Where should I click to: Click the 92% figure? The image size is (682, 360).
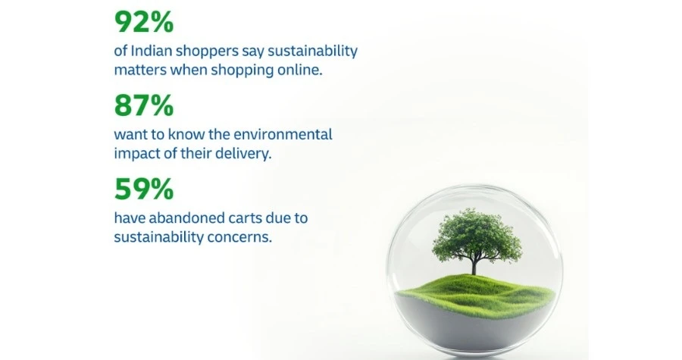tap(144, 22)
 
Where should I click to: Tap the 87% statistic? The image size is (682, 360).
tap(144, 105)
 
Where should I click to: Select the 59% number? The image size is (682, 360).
tap(144, 189)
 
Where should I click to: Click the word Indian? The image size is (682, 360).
tap(151, 51)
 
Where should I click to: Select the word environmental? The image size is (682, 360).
tap(283, 134)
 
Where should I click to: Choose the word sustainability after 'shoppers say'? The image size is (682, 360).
tap(312, 52)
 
